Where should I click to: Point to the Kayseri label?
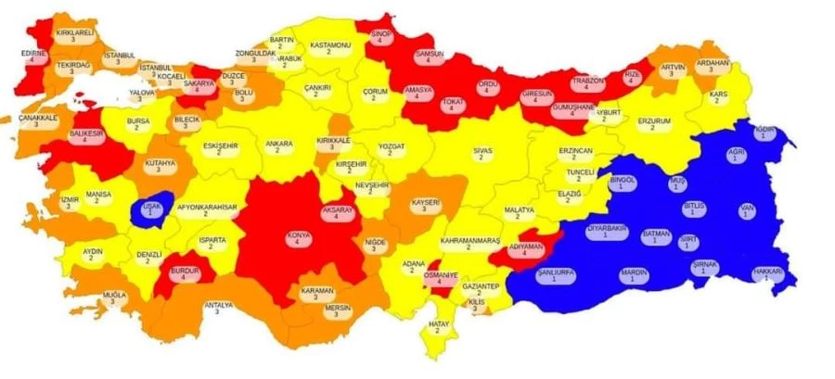[424, 205]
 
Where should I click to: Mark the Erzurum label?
[652, 123]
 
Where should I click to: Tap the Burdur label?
[184, 273]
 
